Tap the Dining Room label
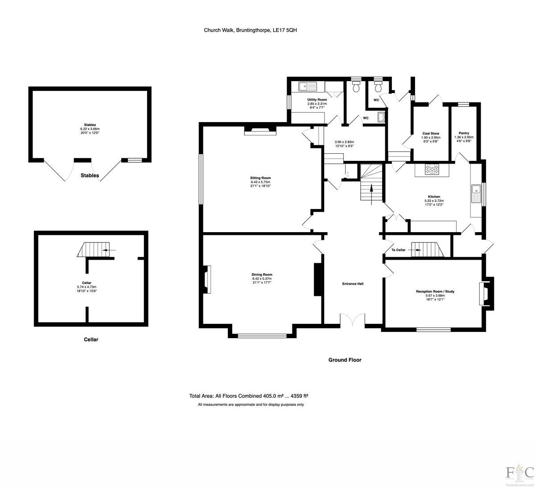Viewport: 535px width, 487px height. tap(262, 275)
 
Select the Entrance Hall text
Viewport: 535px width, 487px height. tap(353, 283)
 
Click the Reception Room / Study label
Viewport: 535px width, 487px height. tap(435, 292)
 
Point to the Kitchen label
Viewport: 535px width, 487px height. tap(434, 197)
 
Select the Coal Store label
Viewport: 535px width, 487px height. tap(431, 134)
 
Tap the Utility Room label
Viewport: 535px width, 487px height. tap(317, 100)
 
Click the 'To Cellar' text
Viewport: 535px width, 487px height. tap(398, 250)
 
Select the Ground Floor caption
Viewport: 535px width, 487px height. tap(345, 360)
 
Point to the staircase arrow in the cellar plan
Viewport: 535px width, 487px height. tap(107, 250)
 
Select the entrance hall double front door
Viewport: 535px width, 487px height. tap(353, 319)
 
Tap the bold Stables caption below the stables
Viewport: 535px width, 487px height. tap(90, 176)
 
